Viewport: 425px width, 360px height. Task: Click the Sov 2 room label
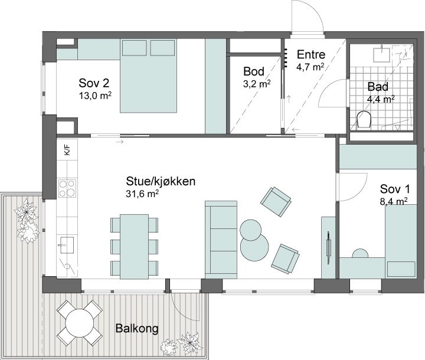pos(94,83)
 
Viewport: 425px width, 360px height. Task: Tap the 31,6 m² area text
pos(142,194)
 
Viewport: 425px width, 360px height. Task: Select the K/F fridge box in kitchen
pos(67,150)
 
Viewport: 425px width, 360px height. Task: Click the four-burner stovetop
pos(67,188)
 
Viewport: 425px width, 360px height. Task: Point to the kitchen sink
pos(67,245)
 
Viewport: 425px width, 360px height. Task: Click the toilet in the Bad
pos(364,120)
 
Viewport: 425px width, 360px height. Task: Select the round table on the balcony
pos(80,323)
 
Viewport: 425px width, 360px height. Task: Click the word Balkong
pos(137,328)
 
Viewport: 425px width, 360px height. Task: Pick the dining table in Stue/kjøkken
pos(135,247)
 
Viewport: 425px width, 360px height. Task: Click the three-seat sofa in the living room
pos(221,240)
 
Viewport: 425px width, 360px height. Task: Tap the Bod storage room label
pos(254,71)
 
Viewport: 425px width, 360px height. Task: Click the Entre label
pos(311,54)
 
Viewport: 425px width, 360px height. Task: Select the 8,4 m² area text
pos(394,202)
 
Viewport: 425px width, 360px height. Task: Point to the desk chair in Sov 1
pos(360,254)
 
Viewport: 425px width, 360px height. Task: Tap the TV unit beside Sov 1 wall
pos(329,247)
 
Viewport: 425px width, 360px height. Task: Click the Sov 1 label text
pos(395,189)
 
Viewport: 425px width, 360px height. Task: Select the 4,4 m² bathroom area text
pos(381,99)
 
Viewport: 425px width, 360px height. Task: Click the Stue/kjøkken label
pos(161,181)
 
